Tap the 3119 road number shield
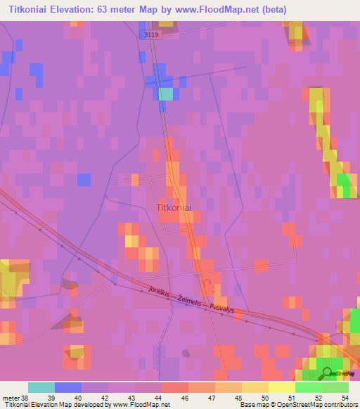pos(151,34)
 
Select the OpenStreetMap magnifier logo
pos(328,372)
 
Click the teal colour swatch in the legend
pos(41,387)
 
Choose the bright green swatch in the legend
pos(308,387)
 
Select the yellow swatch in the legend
pos(281,387)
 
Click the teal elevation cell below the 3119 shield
pos(165,94)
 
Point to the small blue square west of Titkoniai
pos(84,180)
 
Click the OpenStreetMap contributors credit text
pos(317,405)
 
